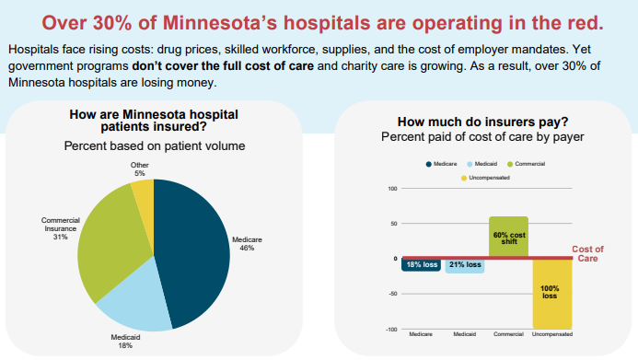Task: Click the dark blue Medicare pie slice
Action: pyautogui.click(x=191, y=252)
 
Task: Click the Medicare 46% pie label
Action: pyautogui.click(x=247, y=244)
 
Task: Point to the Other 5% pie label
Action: pyautogui.click(x=140, y=169)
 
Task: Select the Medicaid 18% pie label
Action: pyautogui.click(x=125, y=342)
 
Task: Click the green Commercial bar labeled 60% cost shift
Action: pyautogui.click(x=508, y=237)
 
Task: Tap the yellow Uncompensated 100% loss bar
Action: pyautogui.click(x=552, y=294)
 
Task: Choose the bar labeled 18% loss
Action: pyautogui.click(x=421, y=265)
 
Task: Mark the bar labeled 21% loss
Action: pyautogui.click(x=465, y=266)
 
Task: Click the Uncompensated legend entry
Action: pyautogui.click(x=485, y=178)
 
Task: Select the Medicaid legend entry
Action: pyautogui.click(x=482, y=164)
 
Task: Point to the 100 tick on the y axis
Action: pyautogui.click(x=392, y=189)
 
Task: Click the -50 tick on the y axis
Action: pyautogui.click(x=392, y=294)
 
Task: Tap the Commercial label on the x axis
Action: pyautogui.click(x=508, y=334)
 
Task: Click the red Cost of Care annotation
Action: pyautogui.click(x=587, y=254)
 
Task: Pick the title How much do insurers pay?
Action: pyautogui.click(x=482, y=122)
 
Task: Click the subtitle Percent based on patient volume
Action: pyautogui.click(x=155, y=146)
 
